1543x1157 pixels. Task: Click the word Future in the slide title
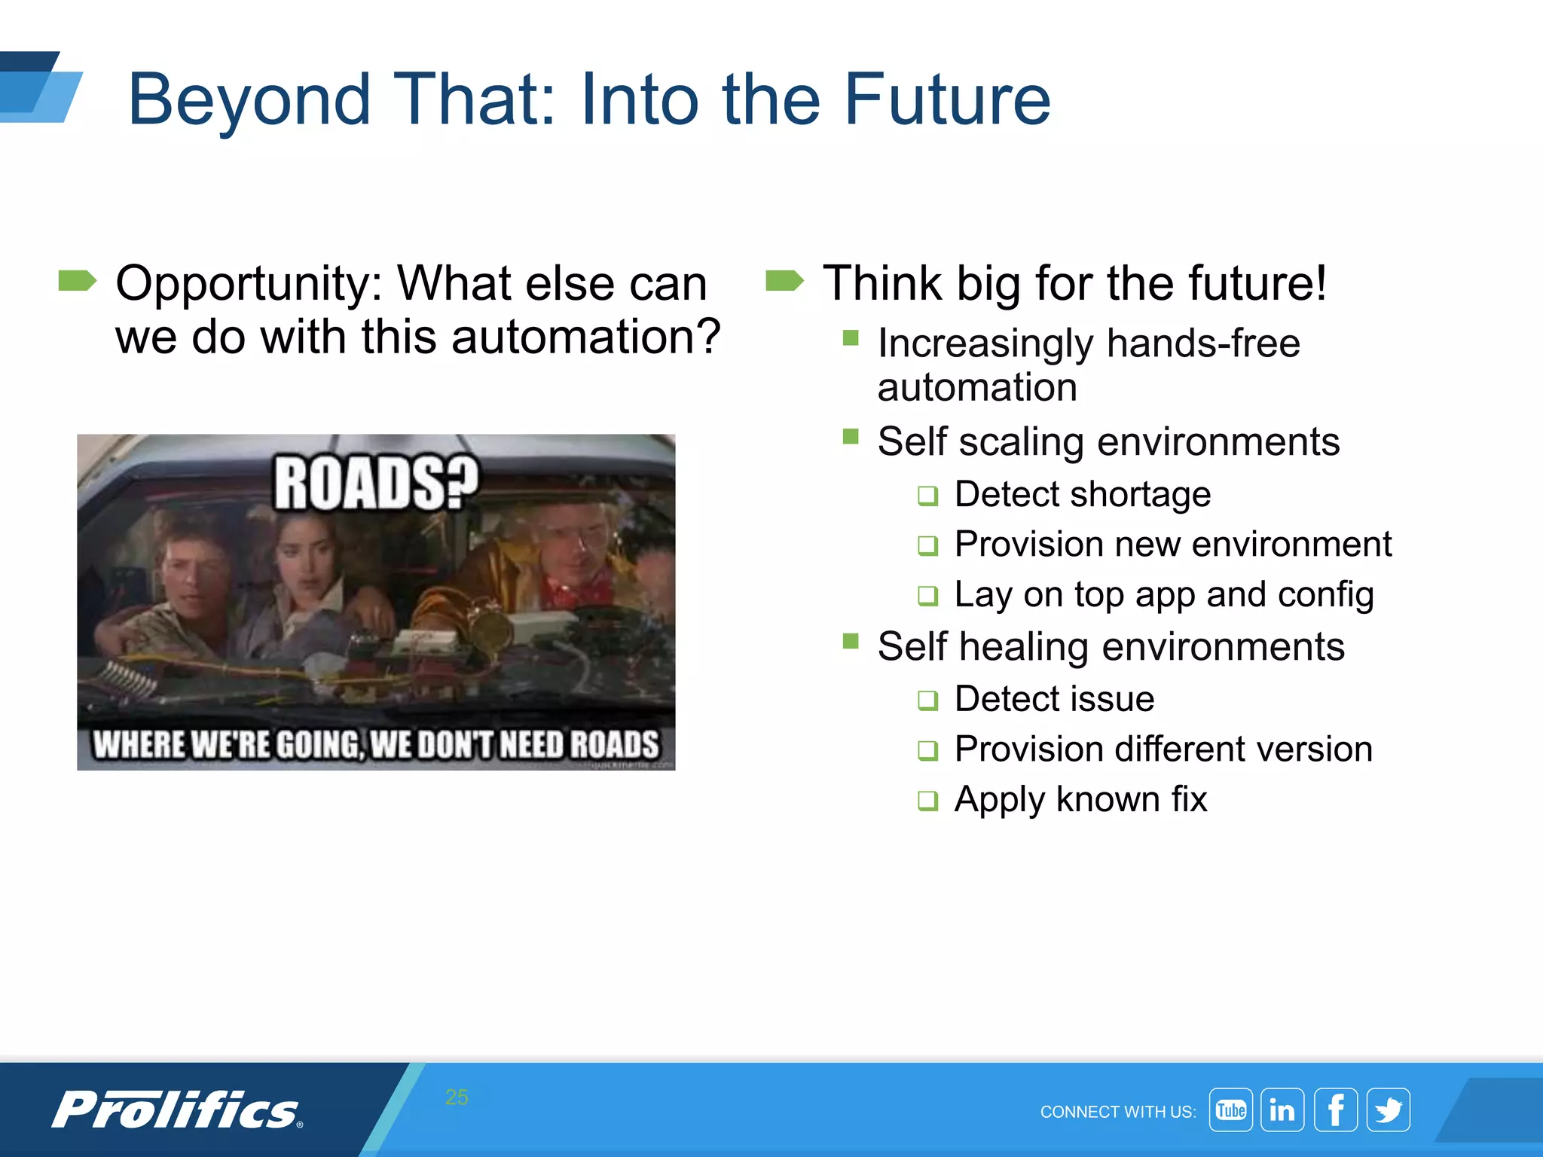(x=946, y=99)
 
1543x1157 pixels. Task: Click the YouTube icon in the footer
(x=1230, y=1110)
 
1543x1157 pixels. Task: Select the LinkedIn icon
(x=1282, y=1110)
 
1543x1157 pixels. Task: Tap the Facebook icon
(x=1336, y=1110)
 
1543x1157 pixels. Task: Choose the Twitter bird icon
(x=1388, y=1110)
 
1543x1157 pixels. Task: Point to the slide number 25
(x=457, y=1097)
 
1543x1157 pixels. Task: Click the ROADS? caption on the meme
(x=375, y=484)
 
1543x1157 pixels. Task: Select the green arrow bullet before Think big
(x=784, y=281)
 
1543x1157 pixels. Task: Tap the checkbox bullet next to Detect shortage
(x=927, y=496)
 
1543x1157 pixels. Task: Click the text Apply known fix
(x=1080, y=799)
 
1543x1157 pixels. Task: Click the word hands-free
(x=1203, y=343)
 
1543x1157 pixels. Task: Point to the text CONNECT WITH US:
(x=1117, y=1112)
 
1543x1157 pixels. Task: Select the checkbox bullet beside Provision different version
(x=927, y=750)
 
